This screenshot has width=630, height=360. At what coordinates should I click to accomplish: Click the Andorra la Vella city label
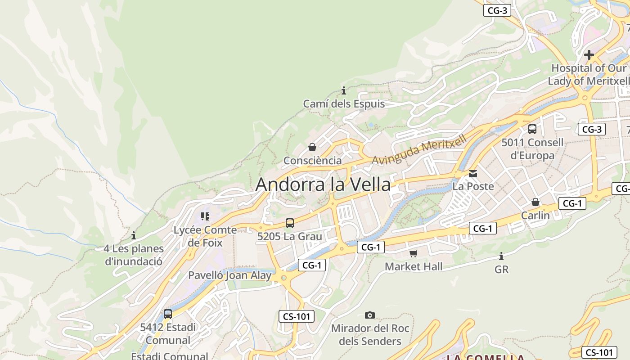[x=323, y=184]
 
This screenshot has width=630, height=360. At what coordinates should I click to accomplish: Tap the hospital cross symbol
[x=589, y=55]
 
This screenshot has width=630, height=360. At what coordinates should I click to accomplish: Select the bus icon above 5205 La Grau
[x=290, y=223]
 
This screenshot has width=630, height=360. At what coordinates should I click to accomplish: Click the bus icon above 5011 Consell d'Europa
[x=532, y=129]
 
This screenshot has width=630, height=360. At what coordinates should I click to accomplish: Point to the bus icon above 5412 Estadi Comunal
[x=168, y=314]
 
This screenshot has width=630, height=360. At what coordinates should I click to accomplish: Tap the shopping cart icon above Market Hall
[x=414, y=253]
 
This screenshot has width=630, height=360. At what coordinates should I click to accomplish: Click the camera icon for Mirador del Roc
[x=370, y=315]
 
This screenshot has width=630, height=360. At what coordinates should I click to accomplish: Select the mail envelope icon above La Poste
[x=473, y=173]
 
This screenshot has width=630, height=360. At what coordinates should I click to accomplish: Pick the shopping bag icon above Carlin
[x=535, y=202]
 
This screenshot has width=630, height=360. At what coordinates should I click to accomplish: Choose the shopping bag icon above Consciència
[x=312, y=147]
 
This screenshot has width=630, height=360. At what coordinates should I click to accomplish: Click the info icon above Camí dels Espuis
[x=344, y=90]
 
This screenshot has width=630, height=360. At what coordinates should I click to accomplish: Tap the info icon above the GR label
[x=501, y=256]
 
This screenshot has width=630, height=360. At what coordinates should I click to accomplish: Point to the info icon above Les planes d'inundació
[x=134, y=235]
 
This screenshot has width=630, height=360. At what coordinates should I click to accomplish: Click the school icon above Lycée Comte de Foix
[x=205, y=216]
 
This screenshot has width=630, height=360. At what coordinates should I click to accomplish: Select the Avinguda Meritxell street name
[x=419, y=150]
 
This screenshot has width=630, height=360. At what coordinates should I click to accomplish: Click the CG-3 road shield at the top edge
[x=497, y=11]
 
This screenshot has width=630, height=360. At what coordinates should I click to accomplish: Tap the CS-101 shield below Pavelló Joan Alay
[x=297, y=316]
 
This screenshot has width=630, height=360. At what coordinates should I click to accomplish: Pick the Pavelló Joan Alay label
[x=229, y=275]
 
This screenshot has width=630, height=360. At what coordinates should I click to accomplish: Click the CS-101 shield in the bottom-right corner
[x=599, y=352]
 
